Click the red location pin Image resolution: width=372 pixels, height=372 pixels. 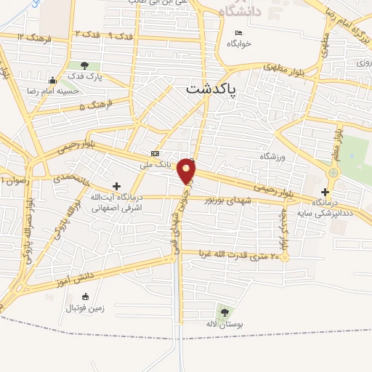click(187, 170)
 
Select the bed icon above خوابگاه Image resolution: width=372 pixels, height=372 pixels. click(238, 33)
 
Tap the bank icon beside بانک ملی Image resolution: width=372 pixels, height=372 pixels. click(155, 153)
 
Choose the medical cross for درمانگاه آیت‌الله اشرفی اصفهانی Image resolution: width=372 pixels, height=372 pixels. click(116, 187)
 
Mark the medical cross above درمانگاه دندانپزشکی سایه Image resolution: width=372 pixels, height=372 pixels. click(325, 191)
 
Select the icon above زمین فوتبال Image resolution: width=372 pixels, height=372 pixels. click(86, 296)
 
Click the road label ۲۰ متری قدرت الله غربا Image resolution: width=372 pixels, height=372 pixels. click(235, 256)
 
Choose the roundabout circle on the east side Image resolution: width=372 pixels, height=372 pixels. click(333, 173)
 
